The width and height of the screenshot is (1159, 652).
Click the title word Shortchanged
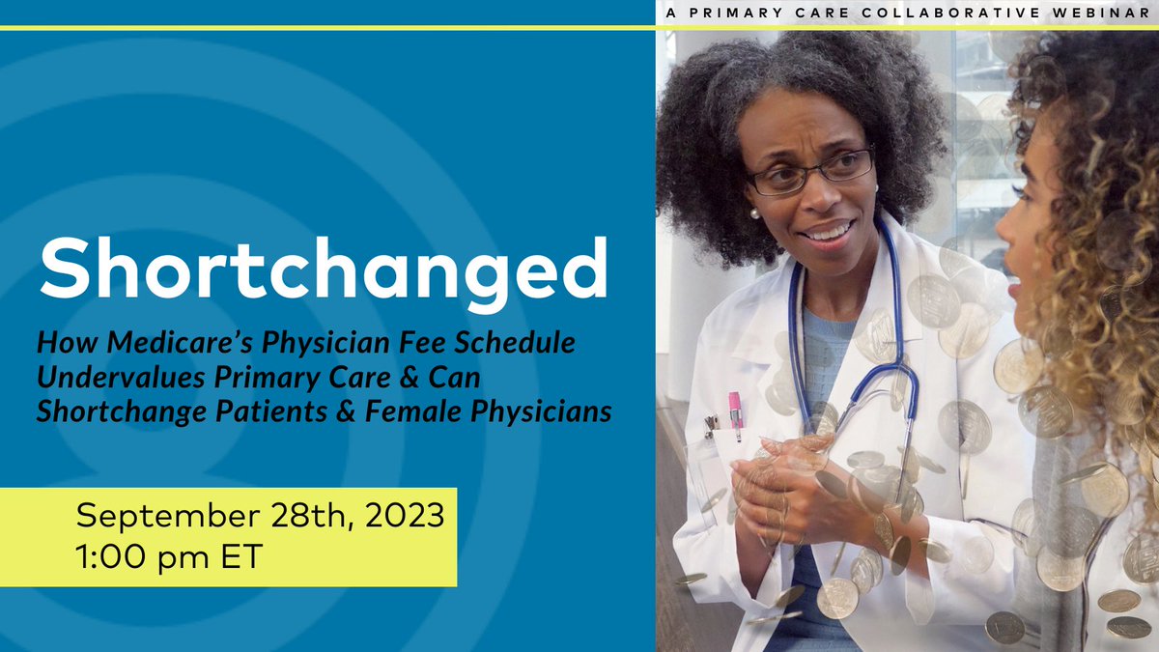(324, 265)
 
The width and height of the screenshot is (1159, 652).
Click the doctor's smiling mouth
(828, 233)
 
